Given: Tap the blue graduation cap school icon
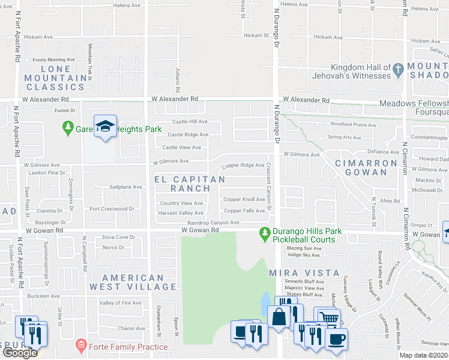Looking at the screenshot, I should pyautogui.click(x=105, y=126).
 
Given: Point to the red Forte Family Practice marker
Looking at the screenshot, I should pyautogui.click(x=80, y=346).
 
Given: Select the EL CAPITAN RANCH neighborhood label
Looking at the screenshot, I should pyautogui.click(x=190, y=184).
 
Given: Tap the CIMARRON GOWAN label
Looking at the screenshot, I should pyautogui.click(x=366, y=167).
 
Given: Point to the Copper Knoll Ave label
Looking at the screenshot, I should pyautogui.click(x=244, y=199).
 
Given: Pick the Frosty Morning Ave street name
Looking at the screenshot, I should pyautogui.click(x=53, y=59).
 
